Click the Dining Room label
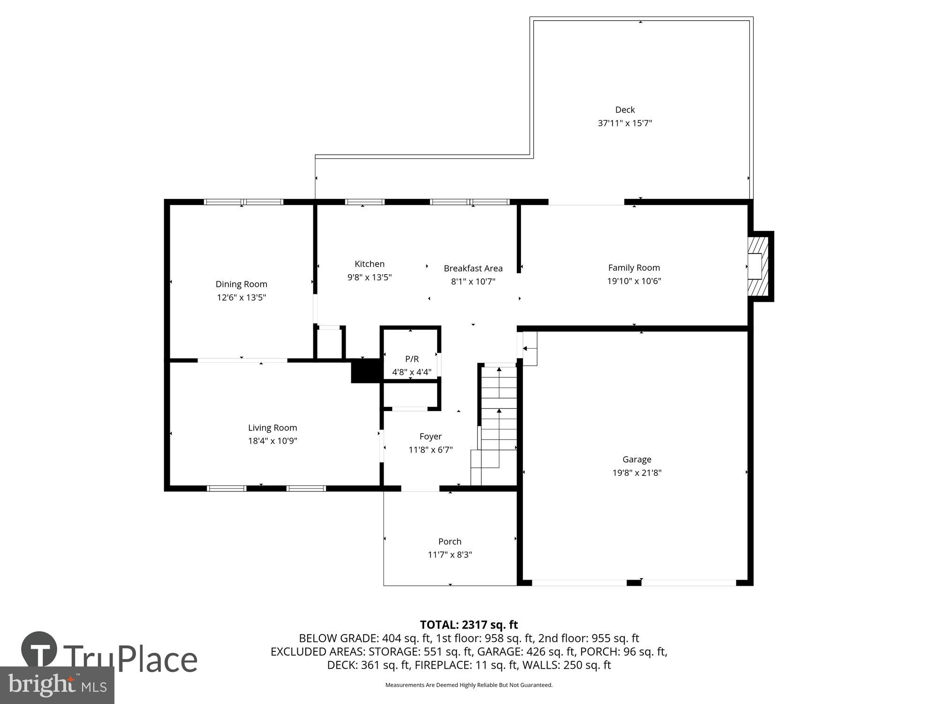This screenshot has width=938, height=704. tap(241, 284)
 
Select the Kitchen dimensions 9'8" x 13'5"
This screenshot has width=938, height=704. tap(369, 277)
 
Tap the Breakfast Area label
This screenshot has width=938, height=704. tap(473, 268)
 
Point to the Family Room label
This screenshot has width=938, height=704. tap(634, 268)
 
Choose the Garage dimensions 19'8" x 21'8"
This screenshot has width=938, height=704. tap(636, 473)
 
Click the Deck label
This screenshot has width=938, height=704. tap(625, 109)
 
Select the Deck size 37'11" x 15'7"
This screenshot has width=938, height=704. tap(625, 123)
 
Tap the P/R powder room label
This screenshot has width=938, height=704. tap(412, 359)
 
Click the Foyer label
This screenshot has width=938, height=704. tap(430, 436)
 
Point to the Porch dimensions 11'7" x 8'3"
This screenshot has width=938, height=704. tap(449, 555)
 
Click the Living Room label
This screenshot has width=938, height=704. tap(272, 428)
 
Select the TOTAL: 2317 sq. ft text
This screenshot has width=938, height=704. tap(469, 625)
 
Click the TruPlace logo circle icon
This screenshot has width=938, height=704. tap(39, 650)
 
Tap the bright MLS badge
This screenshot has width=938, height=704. tap(57, 686)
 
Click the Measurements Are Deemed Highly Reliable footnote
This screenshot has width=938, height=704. tap(469, 685)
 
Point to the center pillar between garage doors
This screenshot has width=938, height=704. tap(634, 582)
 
